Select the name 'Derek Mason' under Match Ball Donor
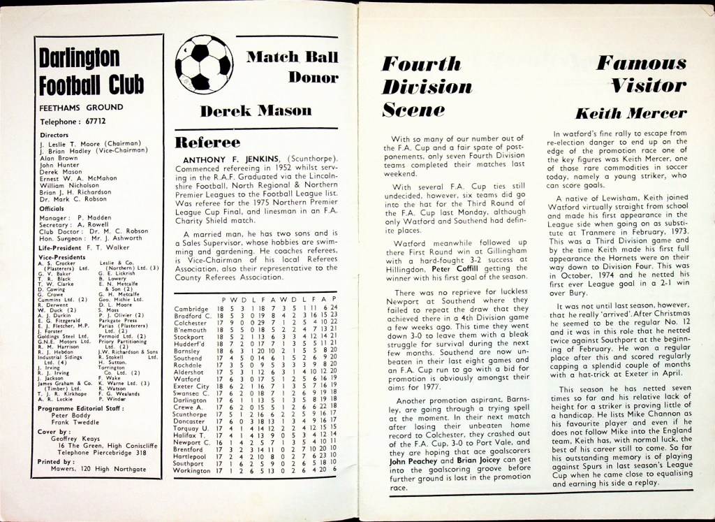(x=256, y=110)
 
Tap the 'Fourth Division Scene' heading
(x=427, y=88)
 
